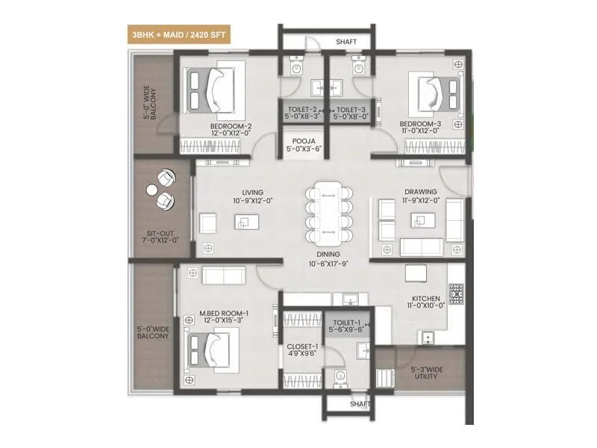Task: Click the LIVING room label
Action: (243, 191)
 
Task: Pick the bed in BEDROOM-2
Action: (212, 90)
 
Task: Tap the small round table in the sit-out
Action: (154, 190)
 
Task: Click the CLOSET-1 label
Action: (302, 347)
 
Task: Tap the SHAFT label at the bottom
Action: (361, 404)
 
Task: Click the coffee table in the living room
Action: (243, 221)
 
